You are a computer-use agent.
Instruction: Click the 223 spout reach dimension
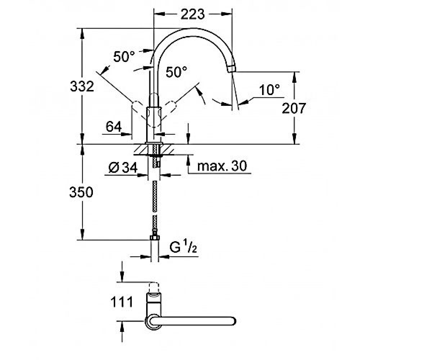tap(193, 14)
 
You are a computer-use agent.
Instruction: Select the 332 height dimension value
tap(82, 86)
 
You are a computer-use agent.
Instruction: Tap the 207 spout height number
tap(294, 108)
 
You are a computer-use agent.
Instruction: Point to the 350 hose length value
tap(81, 192)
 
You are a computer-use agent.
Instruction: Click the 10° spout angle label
tap(269, 90)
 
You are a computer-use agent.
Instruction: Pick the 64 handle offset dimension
tap(114, 127)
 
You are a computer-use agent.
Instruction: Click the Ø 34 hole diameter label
tap(123, 168)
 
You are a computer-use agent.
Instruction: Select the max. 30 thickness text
tap(222, 166)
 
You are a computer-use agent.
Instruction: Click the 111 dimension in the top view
tap(122, 302)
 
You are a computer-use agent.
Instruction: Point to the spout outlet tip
tap(232, 69)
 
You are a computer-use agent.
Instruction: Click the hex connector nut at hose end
tap(155, 237)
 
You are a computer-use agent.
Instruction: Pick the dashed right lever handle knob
tap(171, 106)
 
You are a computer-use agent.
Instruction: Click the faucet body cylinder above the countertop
tap(154, 125)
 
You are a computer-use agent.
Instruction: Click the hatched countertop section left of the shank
tap(141, 149)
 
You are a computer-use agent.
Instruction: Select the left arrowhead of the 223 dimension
tap(160, 14)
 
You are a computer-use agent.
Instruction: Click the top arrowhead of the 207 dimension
tap(294, 77)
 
